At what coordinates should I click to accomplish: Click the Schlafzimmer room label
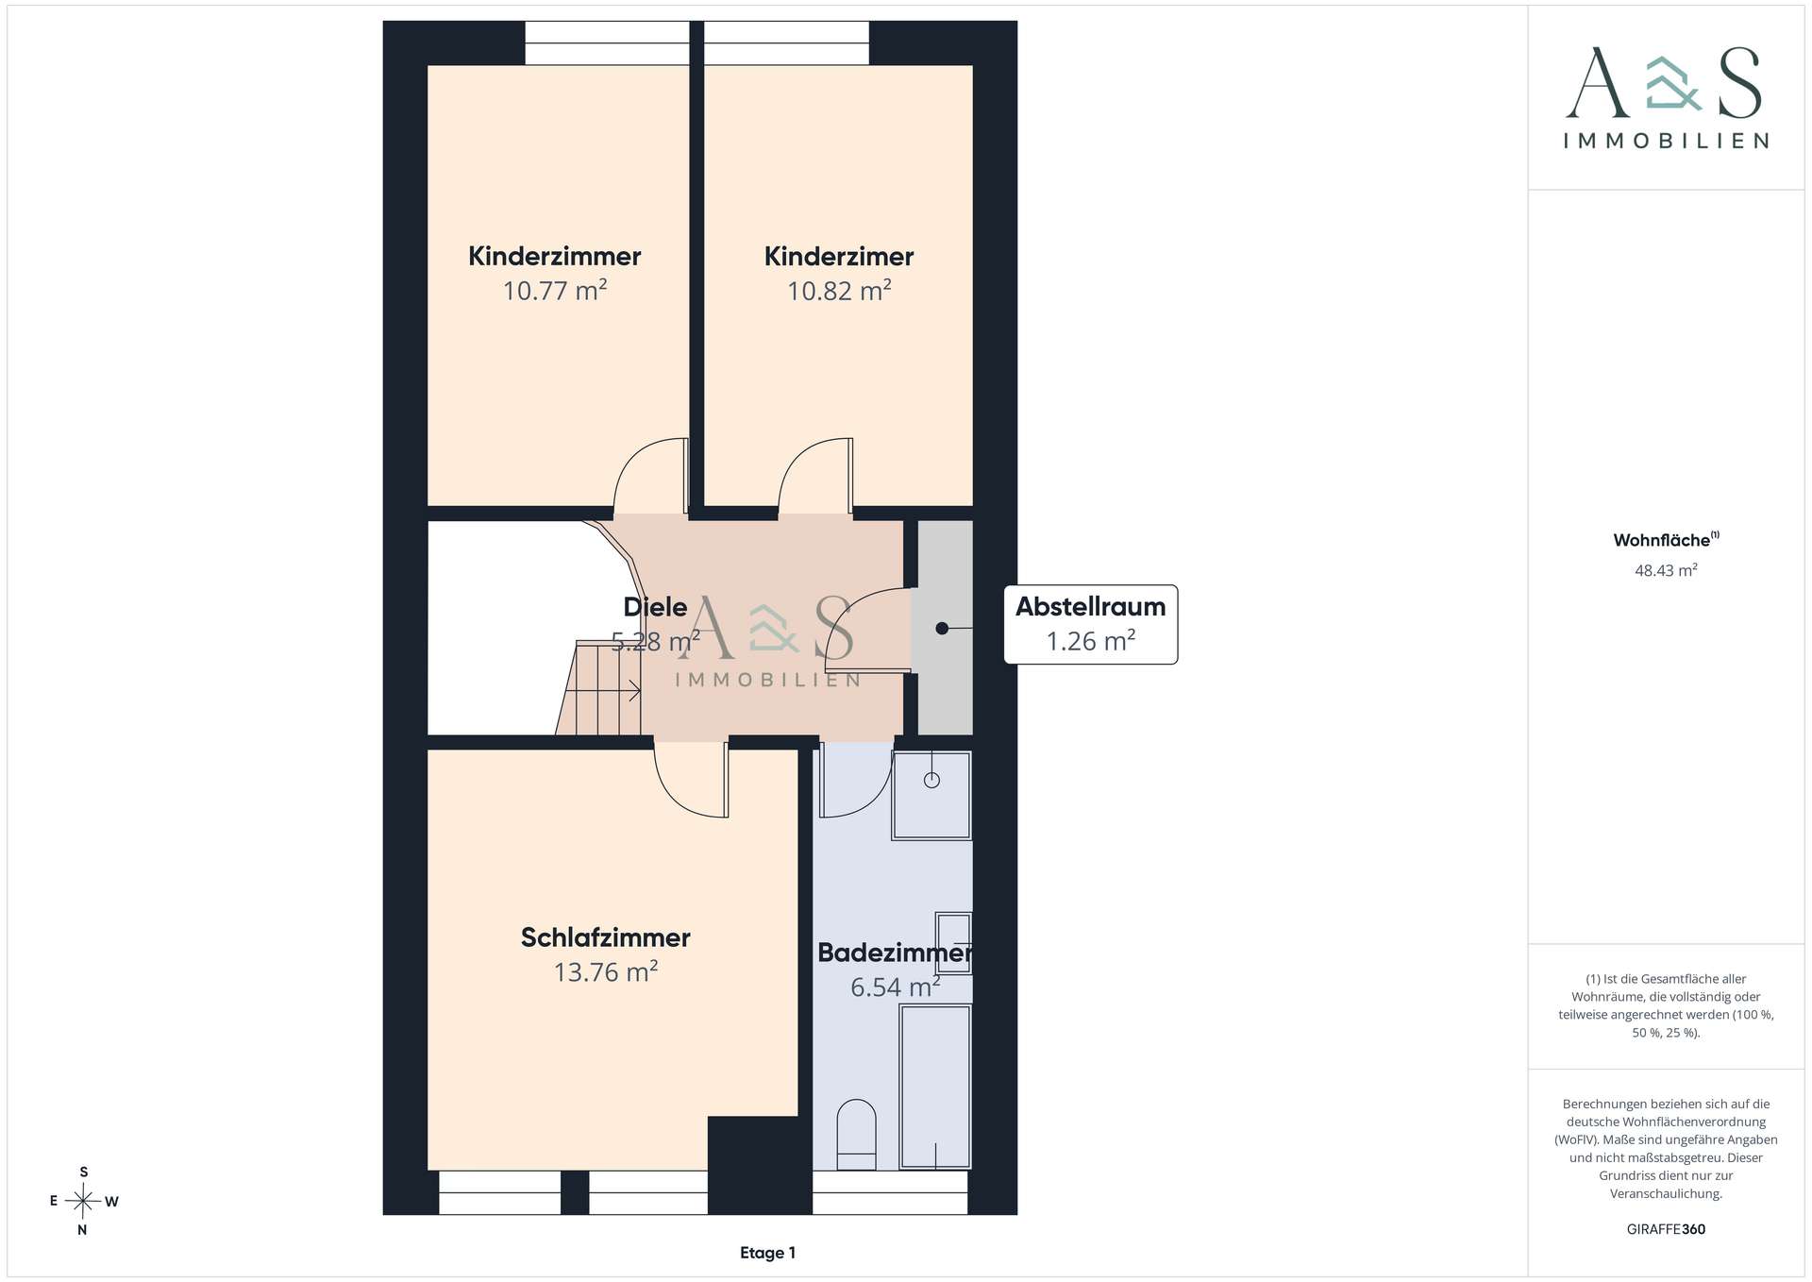point(605,937)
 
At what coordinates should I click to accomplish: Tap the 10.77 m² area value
point(555,290)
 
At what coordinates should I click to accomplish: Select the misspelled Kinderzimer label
point(839,256)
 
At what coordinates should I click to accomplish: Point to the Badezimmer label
point(894,953)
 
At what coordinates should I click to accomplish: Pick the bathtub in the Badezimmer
point(935,1087)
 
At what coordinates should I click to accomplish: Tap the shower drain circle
point(931,780)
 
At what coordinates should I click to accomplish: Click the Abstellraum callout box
point(1090,624)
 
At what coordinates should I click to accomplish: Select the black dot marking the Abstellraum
point(942,628)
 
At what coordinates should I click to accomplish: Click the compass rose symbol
point(83,1201)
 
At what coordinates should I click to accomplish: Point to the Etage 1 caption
point(767,1253)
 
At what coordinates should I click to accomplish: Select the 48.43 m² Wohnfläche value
point(1666,570)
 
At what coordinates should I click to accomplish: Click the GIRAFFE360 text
point(1666,1229)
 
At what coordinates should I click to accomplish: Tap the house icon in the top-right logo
point(1673,83)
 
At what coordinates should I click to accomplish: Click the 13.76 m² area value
point(605,971)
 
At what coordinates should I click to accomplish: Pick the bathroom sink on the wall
point(953,943)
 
